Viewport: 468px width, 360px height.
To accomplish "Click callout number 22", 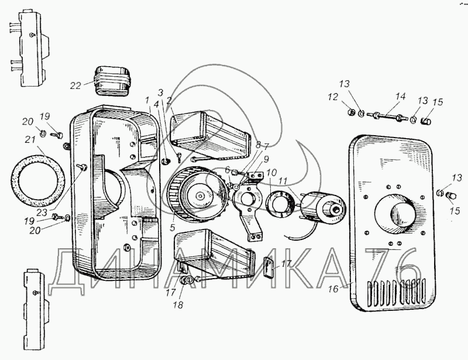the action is pyautogui.click(x=75, y=85).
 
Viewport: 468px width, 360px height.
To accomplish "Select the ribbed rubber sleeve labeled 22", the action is pyautogui.click(x=113, y=80).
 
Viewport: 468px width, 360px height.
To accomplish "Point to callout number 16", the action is pyautogui.click(x=333, y=289).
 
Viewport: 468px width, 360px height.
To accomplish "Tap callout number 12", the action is pyautogui.click(x=333, y=97).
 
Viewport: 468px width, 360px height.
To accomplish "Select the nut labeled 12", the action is pyautogui.click(x=352, y=112).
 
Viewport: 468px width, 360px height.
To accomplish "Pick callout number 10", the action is pyautogui.click(x=272, y=173).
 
